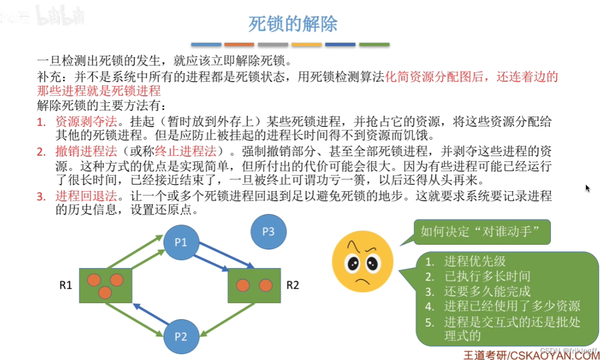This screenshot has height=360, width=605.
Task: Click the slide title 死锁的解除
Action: [293, 24]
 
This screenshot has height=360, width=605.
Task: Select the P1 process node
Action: [181, 242]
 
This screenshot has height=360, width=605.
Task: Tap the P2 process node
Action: [181, 336]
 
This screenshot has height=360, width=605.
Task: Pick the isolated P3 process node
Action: [269, 232]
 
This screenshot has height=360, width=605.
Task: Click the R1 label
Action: [65, 285]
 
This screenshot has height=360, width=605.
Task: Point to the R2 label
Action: [293, 285]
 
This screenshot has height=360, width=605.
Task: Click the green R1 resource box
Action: [105, 286]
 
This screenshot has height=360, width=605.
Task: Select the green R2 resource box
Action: [254, 286]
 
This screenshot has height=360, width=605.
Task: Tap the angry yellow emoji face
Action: [362, 261]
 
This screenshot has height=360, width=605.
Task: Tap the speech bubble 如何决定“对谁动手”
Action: [482, 232]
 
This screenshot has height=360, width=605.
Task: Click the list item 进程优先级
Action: [475, 261]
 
